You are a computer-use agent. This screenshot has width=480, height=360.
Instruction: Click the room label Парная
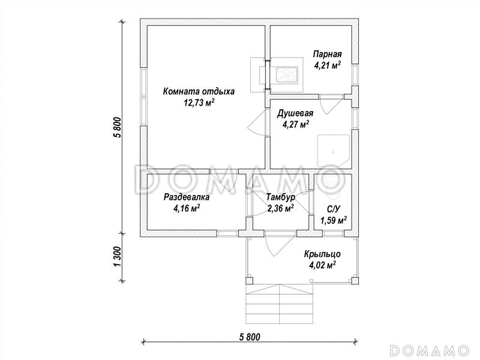(327, 54)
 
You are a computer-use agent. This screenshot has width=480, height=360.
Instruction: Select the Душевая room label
(295, 113)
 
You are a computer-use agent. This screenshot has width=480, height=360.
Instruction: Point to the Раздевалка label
(187, 197)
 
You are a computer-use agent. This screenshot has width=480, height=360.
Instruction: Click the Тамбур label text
(280, 197)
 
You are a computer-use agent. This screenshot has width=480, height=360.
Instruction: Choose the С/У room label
(334, 209)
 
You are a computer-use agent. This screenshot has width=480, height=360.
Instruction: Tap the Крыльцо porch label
(322, 254)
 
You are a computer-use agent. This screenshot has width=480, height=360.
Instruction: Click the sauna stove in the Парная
(287, 75)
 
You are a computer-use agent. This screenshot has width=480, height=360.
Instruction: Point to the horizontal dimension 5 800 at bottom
(250, 337)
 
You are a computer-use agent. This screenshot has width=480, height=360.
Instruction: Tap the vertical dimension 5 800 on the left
(118, 128)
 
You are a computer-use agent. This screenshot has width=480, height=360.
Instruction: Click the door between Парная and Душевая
(331, 104)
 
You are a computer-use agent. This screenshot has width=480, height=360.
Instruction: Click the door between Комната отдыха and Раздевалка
(223, 180)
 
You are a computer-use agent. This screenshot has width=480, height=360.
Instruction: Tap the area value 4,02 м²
(322, 265)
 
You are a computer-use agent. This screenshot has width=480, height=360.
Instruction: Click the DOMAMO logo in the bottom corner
(430, 350)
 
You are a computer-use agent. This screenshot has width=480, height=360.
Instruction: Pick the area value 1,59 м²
(334, 220)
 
